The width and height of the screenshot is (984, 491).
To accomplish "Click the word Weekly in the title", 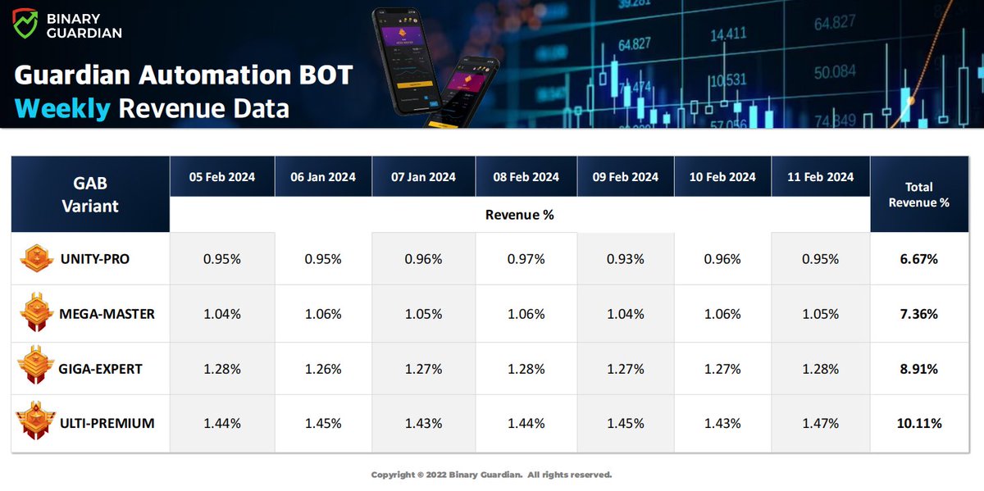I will pos(62,108).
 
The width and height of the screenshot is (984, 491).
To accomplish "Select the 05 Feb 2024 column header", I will pos(221,177).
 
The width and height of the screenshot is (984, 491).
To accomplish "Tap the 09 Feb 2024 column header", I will pos(626,177).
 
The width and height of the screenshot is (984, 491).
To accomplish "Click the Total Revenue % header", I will pos(918,194).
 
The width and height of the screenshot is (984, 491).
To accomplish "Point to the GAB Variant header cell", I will pos(90,194).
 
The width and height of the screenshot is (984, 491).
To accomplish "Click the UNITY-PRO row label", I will pos(94,259).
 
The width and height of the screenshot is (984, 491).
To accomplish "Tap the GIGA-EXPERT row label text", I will pos(101,369).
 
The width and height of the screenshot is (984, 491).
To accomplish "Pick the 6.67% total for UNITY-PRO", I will pos(918,259).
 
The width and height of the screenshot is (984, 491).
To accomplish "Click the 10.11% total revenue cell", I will pos(918,424).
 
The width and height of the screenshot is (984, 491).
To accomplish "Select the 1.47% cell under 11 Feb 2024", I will pos(820,424).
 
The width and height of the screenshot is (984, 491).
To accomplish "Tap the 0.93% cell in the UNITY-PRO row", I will pos(626,259).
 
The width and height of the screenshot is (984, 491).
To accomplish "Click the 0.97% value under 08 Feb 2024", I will pos(525,259).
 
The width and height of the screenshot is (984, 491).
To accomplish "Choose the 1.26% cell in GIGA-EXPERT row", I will pos(323,369).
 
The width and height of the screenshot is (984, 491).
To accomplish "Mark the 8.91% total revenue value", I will pos(918,369).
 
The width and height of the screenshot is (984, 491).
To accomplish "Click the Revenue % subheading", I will pos(519,215).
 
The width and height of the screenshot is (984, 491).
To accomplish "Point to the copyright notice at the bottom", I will pos(491,475).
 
